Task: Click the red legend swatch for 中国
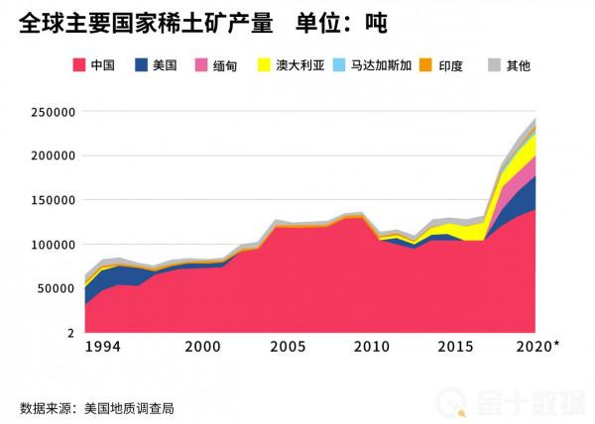coord(77,66)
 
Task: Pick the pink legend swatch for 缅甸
coord(201,66)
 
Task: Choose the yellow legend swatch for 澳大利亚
coord(264,66)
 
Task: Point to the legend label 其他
coord(518,66)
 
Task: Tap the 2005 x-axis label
coord(288,347)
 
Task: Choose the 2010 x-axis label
coord(372,347)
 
